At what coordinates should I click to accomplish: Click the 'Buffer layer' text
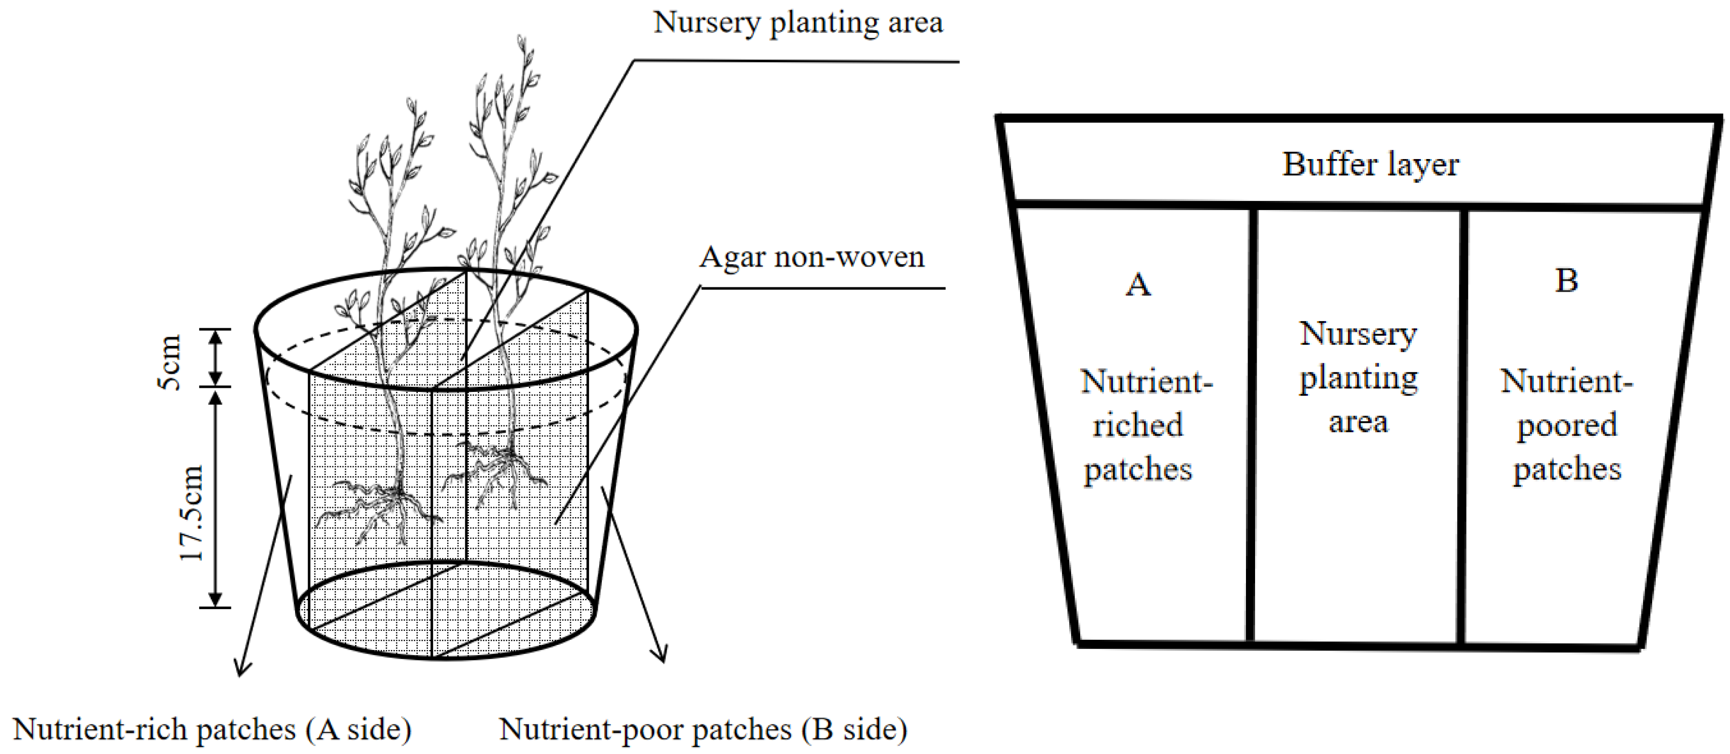[1370, 165]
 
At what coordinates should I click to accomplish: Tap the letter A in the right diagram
[1138, 285]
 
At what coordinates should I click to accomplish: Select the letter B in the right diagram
[1566, 281]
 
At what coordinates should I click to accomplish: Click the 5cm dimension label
[170, 362]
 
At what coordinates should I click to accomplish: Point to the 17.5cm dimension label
[191, 513]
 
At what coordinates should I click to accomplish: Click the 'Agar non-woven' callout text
[811, 257]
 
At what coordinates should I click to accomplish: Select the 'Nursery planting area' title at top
[798, 22]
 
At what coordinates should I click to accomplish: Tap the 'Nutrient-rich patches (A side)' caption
[212, 729]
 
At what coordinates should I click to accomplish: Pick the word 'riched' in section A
[1138, 426]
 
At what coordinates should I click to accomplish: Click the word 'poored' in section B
[1566, 426]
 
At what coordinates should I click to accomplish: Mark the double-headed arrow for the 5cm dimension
[215, 358]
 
